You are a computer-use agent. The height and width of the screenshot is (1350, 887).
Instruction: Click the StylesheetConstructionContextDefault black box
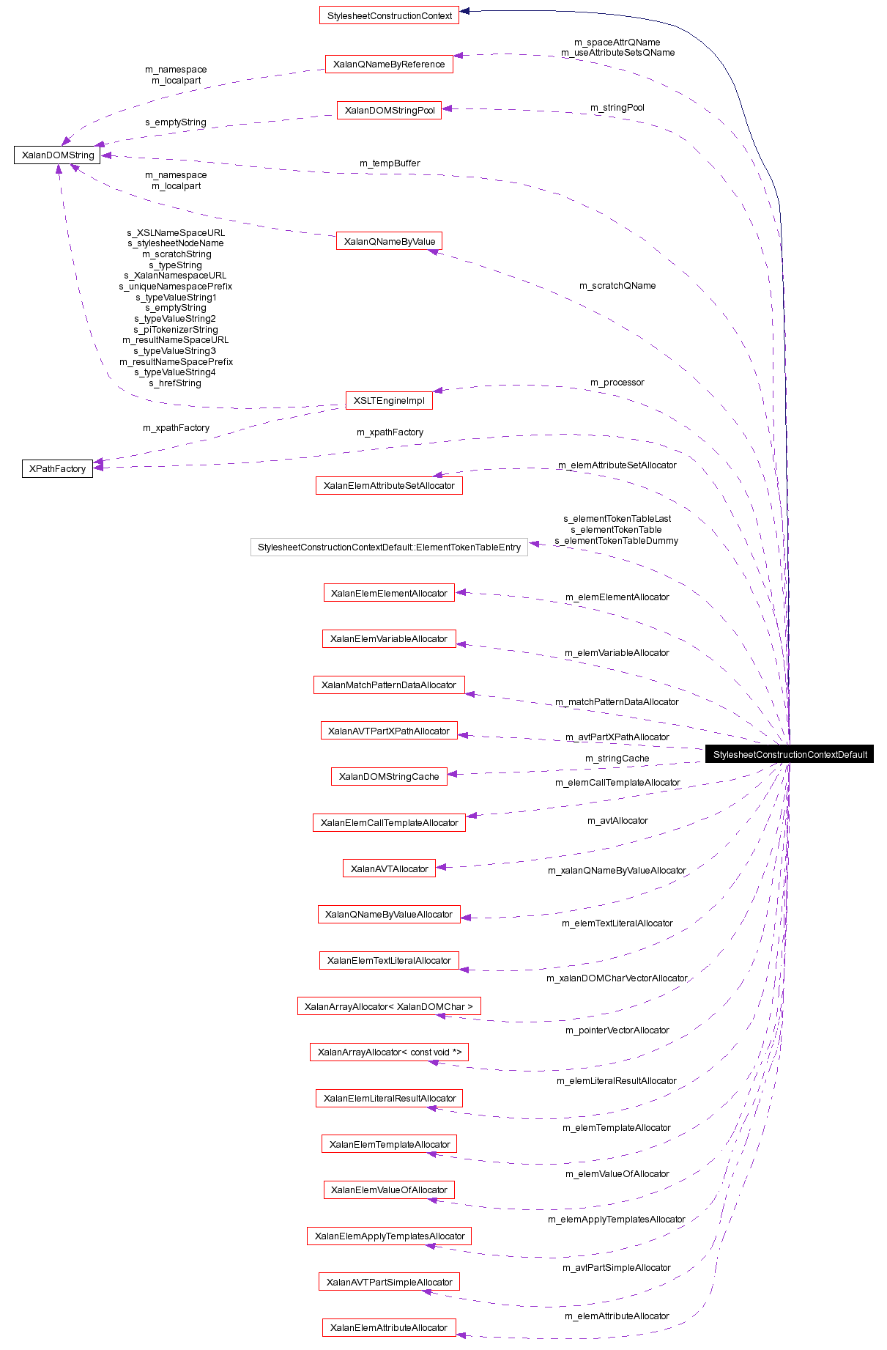[789, 754]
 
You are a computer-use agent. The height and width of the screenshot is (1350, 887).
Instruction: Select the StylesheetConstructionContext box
[389, 15]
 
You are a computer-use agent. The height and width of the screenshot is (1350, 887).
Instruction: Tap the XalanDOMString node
[57, 155]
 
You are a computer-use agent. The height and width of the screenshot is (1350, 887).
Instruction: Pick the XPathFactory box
[57, 468]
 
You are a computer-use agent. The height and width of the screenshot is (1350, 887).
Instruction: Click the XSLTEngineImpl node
[389, 400]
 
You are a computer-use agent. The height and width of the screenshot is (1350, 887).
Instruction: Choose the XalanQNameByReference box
[389, 64]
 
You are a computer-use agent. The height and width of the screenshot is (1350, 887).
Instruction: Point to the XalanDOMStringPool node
[389, 110]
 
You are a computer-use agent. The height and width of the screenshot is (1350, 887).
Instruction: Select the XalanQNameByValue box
[389, 241]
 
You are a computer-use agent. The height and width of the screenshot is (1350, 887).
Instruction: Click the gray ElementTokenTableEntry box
[389, 547]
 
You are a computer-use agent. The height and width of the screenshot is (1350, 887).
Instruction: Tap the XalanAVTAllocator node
[389, 868]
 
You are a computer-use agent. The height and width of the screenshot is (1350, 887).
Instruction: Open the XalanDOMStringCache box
[389, 776]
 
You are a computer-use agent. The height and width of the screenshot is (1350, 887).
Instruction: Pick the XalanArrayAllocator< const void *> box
[389, 1052]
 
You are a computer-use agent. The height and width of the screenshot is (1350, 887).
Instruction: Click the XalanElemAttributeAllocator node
[389, 1327]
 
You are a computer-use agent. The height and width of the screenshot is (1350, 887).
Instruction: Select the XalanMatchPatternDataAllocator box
[389, 685]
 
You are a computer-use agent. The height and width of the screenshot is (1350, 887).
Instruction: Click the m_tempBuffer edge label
[390, 163]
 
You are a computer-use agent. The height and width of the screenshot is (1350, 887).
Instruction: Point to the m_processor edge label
[617, 383]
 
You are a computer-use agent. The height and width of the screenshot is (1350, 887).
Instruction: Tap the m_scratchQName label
[617, 286]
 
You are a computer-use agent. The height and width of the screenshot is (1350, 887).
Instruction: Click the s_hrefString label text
[174, 383]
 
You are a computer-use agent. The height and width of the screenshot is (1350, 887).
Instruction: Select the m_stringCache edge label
[617, 759]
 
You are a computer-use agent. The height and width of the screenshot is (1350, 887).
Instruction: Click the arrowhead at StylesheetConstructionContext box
[464, 11]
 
